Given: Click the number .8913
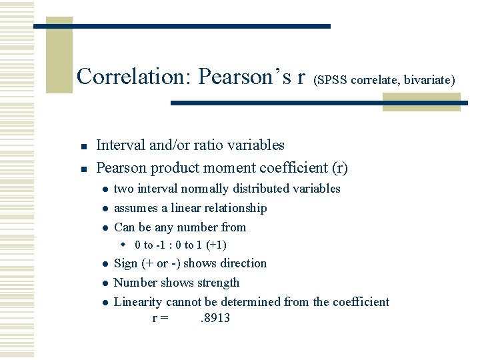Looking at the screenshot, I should (215, 318).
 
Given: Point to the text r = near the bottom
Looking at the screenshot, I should (160, 318).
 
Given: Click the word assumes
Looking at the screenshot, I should (136, 208).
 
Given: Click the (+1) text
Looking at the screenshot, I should (215, 245).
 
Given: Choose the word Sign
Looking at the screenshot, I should (127, 263).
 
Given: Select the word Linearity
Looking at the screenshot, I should (139, 302).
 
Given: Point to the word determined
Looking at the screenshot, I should (251, 302).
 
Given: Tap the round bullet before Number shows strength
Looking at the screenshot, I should (105, 283).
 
